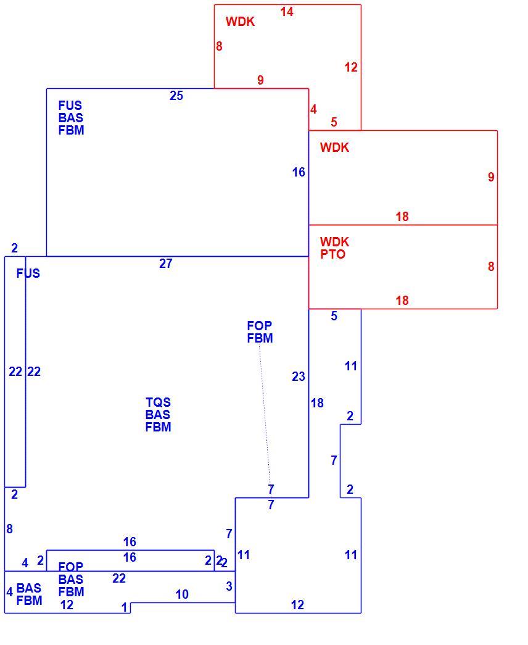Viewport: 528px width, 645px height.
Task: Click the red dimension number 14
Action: [287, 12]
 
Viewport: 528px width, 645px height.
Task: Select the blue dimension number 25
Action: [176, 96]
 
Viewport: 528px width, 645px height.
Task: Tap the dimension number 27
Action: [166, 264]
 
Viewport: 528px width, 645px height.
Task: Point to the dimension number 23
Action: [299, 377]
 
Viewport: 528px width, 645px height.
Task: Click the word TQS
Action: [158, 402]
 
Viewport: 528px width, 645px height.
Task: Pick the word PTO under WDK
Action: [332, 254]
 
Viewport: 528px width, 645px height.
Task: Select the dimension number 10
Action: [182, 594]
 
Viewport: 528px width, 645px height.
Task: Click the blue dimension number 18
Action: [317, 403]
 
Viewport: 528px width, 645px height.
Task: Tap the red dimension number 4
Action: [314, 109]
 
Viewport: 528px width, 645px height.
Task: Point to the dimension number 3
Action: [229, 586]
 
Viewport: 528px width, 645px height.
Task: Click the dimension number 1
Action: [125, 607]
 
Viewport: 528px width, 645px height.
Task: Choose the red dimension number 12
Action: [351, 67]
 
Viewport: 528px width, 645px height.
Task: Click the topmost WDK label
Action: [240, 22]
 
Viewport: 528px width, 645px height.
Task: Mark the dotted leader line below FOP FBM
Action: [265, 415]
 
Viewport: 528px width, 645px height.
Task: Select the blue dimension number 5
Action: [334, 316]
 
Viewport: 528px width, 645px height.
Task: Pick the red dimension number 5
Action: [334, 122]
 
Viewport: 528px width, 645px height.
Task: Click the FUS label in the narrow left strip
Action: [28, 273]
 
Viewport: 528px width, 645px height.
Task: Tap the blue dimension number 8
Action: [9, 529]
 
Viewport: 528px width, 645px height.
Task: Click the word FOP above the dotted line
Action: [260, 326]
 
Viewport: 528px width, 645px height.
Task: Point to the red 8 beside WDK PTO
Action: [491, 267]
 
